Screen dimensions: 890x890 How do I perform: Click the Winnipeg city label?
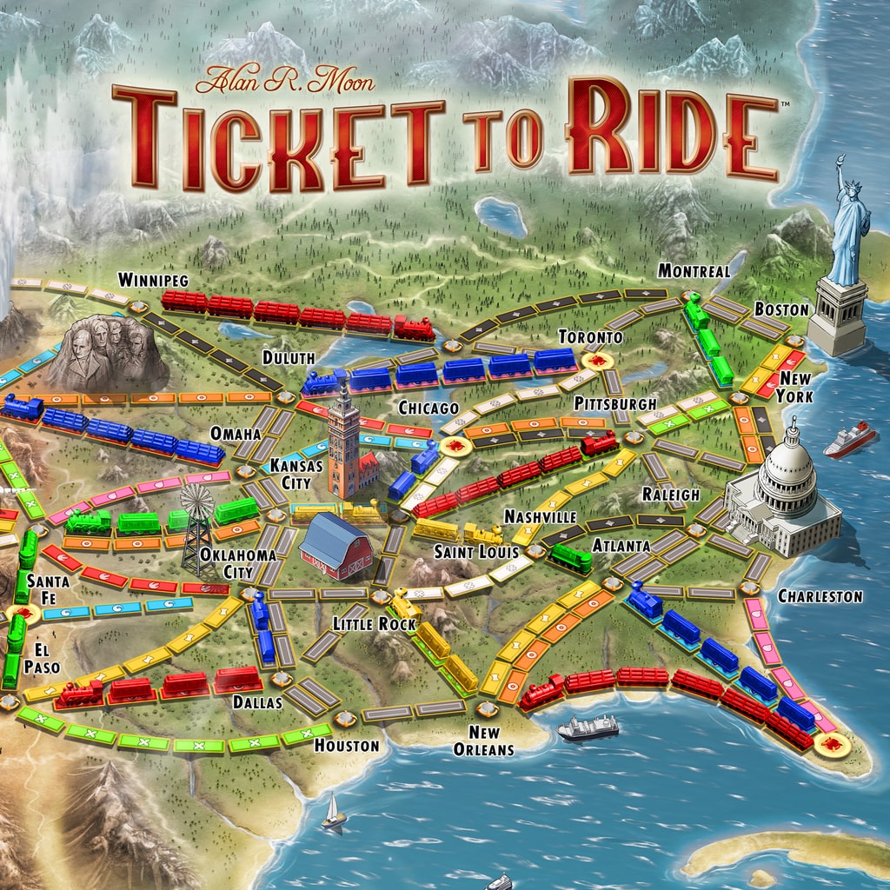coord(153,280)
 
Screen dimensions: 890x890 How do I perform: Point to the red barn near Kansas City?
coord(335,545)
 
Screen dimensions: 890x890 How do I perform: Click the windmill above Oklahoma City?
coord(197,525)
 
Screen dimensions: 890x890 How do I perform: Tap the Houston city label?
coord(347,746)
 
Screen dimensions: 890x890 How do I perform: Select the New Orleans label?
coord(485,740)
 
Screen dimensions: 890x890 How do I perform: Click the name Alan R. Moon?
coord(284,83)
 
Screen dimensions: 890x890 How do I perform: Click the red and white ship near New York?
coord(849,440)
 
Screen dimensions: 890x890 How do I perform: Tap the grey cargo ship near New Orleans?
coord(588,727)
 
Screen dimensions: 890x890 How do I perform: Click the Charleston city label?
coord(820,596)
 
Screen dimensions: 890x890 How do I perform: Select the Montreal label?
coord(694,271)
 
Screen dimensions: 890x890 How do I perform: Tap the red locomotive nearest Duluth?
coord(415,328)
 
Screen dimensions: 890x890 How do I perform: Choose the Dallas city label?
coord(256,702)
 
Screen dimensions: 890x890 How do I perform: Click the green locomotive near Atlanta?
coord(571,557)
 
